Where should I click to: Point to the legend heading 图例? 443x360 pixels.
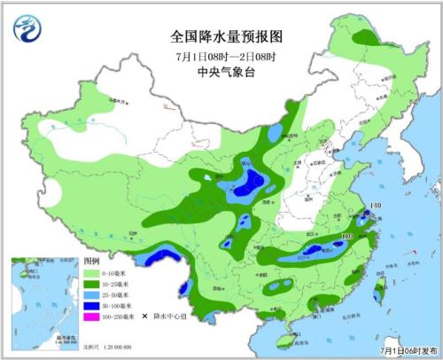pyautogui.click(x=91, y=263)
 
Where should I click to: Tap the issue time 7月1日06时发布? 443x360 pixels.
pyautogui.click(x=408, y=350)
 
